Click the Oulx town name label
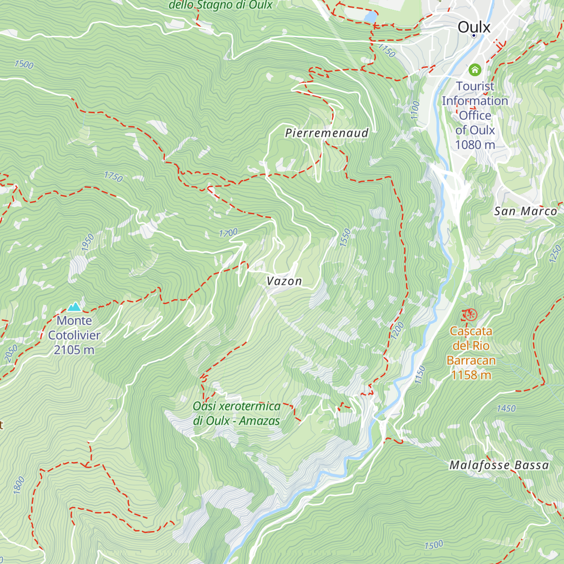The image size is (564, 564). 474,27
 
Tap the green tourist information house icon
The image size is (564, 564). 475,70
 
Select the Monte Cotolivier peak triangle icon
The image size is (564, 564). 74,307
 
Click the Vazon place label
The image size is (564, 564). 284,281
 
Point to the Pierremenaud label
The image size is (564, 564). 327,133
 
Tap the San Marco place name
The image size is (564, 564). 525,211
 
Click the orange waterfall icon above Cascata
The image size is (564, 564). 470,314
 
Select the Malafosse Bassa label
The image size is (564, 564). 499,465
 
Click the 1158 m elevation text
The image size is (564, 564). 471,375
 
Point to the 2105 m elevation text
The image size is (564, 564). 74,350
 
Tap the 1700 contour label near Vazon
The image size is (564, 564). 228,233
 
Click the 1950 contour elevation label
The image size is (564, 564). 88,243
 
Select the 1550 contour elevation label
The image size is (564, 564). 345,238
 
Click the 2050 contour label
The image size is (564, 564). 11,353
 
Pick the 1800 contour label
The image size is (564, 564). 19,485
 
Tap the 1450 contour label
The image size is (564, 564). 506,408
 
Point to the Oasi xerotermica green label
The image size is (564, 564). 236,413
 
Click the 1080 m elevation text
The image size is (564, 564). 475,145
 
